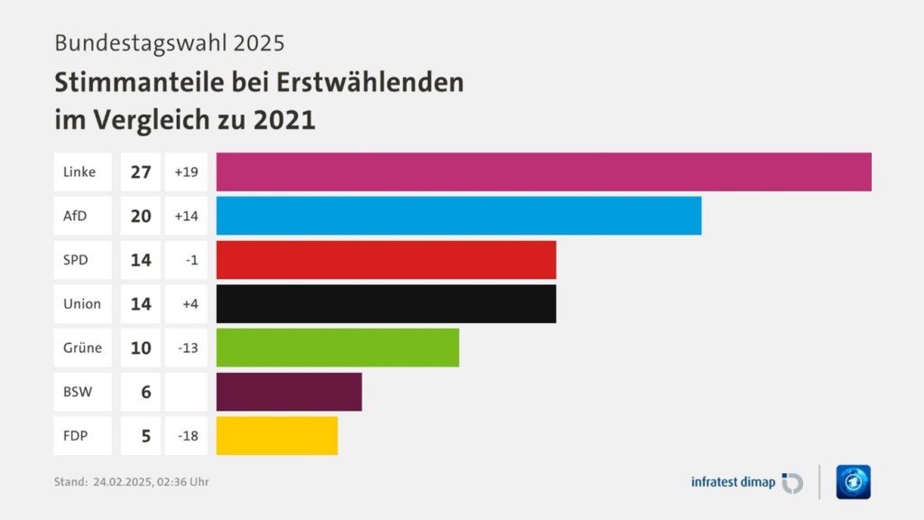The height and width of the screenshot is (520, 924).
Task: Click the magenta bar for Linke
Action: click(x=544, y=172)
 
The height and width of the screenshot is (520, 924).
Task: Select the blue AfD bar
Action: click(x=459, y=216)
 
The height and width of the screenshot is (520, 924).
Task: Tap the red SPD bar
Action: click(x=386, y=260)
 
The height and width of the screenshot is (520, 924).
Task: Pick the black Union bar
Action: click(x=386, y=303)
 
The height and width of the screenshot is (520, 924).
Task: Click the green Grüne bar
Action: click(x=337, y=348)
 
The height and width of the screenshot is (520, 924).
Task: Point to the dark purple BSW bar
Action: click(x=289, y=392)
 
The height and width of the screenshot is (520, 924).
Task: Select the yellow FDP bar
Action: click(x=277, y=435)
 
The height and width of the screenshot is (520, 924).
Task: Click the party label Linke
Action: click(x=79, y=172)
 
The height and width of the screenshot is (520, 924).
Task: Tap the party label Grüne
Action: click(x=82, y=348)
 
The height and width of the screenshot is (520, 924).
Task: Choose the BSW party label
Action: click(x=78, y=392)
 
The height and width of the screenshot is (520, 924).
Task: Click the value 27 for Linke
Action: click(x=141, y=172)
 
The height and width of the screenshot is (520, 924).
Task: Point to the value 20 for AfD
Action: click(x=141, y=216)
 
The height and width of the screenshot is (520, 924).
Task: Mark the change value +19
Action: click(x=186, y=172)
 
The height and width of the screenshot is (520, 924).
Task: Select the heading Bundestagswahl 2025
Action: click(x=170, y=42)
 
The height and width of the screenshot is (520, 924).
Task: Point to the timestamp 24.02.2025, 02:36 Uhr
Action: click(x=151, y=482)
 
